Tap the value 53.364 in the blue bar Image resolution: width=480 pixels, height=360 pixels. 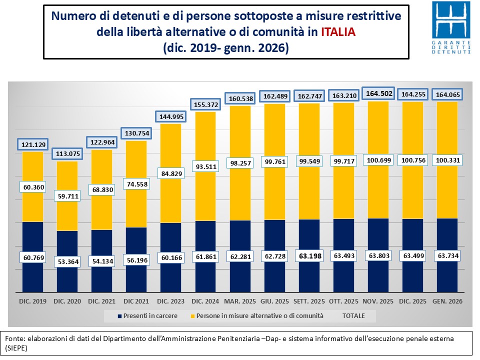[x=67, y=261]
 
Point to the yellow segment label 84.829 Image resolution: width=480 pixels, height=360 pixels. [x=171, y=173]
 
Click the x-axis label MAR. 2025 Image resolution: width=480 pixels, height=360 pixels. [x=241, y=301]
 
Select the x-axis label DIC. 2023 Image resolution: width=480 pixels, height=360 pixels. [x=171, y=301]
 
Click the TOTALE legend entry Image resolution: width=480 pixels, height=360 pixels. [x=353, y=315]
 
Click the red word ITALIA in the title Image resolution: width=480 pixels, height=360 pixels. [x=338, y=32]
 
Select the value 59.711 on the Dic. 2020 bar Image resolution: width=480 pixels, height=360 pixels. [x=67, y=195]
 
